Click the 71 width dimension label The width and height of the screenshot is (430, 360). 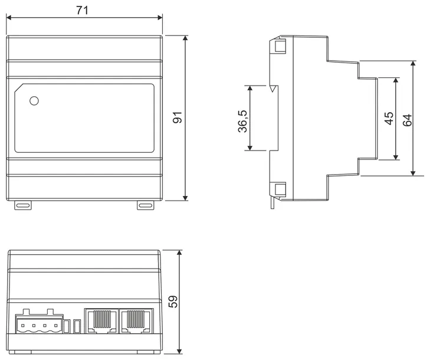pos(82,11)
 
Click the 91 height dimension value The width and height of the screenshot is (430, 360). pos(178,117)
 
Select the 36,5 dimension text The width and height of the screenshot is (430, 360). pos(242,121)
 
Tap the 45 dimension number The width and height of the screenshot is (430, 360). pos(389,118)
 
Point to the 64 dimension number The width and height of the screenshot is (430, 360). pos(407,120)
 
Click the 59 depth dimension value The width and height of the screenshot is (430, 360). pos(173,302)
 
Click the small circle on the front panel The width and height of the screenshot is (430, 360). pos(34,101)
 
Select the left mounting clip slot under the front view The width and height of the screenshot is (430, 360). pos(23,205)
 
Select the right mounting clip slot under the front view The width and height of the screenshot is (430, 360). pos(146,205)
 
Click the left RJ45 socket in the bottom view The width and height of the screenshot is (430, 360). pos(101,321)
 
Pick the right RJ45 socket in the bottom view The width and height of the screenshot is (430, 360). pos(136,321)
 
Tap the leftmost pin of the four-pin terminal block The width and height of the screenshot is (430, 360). pos(23,326)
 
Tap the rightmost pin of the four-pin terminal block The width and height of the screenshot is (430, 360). pos(56,326)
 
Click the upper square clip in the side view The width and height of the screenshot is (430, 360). pos(280,46)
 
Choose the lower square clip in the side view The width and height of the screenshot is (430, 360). pos(280,189)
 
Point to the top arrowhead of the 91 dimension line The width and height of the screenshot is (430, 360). pos(185,38)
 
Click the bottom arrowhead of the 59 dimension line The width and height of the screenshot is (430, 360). pos(179,351)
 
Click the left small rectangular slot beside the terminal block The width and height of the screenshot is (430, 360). pos(66,326)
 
